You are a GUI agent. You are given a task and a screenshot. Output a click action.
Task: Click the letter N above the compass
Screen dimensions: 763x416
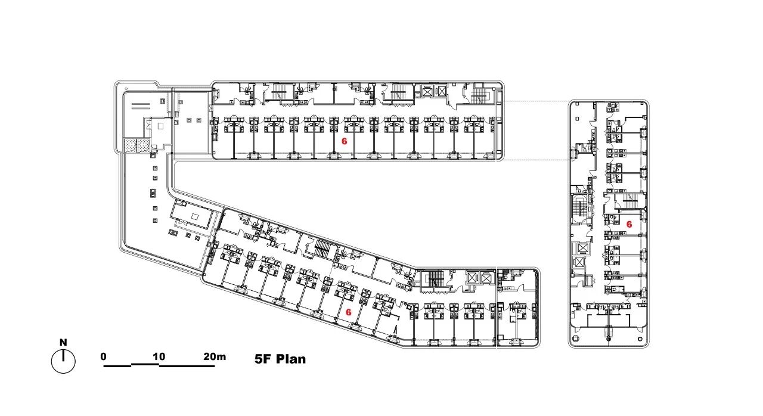(63, 342)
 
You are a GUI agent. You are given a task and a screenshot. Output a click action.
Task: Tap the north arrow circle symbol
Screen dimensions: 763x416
(63, 361)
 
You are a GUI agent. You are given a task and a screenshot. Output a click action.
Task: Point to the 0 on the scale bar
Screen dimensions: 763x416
(104, 356)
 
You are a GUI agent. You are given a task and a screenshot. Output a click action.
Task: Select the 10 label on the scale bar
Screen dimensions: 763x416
(159, 356)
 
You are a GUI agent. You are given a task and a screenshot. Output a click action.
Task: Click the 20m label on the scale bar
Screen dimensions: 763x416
(215, 356)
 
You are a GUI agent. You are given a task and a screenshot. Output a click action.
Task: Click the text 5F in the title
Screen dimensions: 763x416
(263, 359)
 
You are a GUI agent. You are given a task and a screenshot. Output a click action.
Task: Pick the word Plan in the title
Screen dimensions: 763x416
(291, 359)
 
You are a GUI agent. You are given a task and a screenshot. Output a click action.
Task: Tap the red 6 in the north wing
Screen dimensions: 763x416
(345, 141)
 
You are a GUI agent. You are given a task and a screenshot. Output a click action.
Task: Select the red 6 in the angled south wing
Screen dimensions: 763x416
(349, 312)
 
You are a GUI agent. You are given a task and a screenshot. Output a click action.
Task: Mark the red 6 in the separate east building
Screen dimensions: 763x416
(629, 224)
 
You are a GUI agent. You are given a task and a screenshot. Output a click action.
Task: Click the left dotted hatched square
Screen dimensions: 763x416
(130, 145)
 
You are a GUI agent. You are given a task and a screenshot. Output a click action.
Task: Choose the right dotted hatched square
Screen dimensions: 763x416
(144, 145)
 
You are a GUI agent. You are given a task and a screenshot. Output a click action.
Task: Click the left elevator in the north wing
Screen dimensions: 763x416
(427, 91)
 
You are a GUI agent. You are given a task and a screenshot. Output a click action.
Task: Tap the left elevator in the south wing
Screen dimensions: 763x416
(472, 278)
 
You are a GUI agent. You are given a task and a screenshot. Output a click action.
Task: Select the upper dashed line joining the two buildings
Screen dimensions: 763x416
(536, 101)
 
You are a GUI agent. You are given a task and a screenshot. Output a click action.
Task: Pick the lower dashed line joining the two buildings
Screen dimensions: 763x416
(535, 160)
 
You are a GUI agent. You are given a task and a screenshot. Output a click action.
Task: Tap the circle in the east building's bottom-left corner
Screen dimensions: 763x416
(576, 339)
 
